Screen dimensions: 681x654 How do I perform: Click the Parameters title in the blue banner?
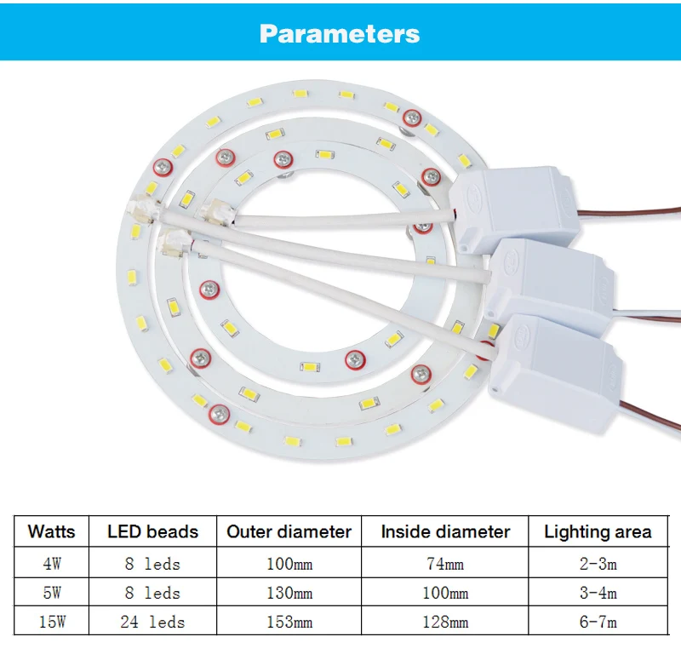tap(340, 34)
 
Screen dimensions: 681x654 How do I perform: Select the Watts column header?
tap(51, 531)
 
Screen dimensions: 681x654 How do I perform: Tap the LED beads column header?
tap(153, 531)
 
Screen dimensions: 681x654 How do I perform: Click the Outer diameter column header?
tap(289, 531)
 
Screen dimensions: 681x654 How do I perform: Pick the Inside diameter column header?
tap(445, 531)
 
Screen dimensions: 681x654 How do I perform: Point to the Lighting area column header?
tap(598, 532)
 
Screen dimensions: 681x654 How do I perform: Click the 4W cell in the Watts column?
tap(52, 564)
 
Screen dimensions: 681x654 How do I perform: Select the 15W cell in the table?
tap(52, 622)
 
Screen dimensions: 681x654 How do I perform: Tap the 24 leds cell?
tap(152, 622)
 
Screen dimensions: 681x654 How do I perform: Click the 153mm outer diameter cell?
tap(289, 622)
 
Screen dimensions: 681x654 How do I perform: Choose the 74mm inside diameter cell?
tap(445, 564)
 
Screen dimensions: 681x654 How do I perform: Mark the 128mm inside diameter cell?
tap(445, 622)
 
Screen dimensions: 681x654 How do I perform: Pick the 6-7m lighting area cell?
tap(598, 622)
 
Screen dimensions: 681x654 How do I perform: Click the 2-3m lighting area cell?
tap(598, 564)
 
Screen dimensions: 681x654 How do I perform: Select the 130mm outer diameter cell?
tap(289, 593)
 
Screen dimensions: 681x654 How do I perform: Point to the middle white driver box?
tap(549, 286)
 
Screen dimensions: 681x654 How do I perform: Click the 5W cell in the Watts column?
tap(52, 593)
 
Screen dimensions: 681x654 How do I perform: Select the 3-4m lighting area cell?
tap(598, 593)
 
